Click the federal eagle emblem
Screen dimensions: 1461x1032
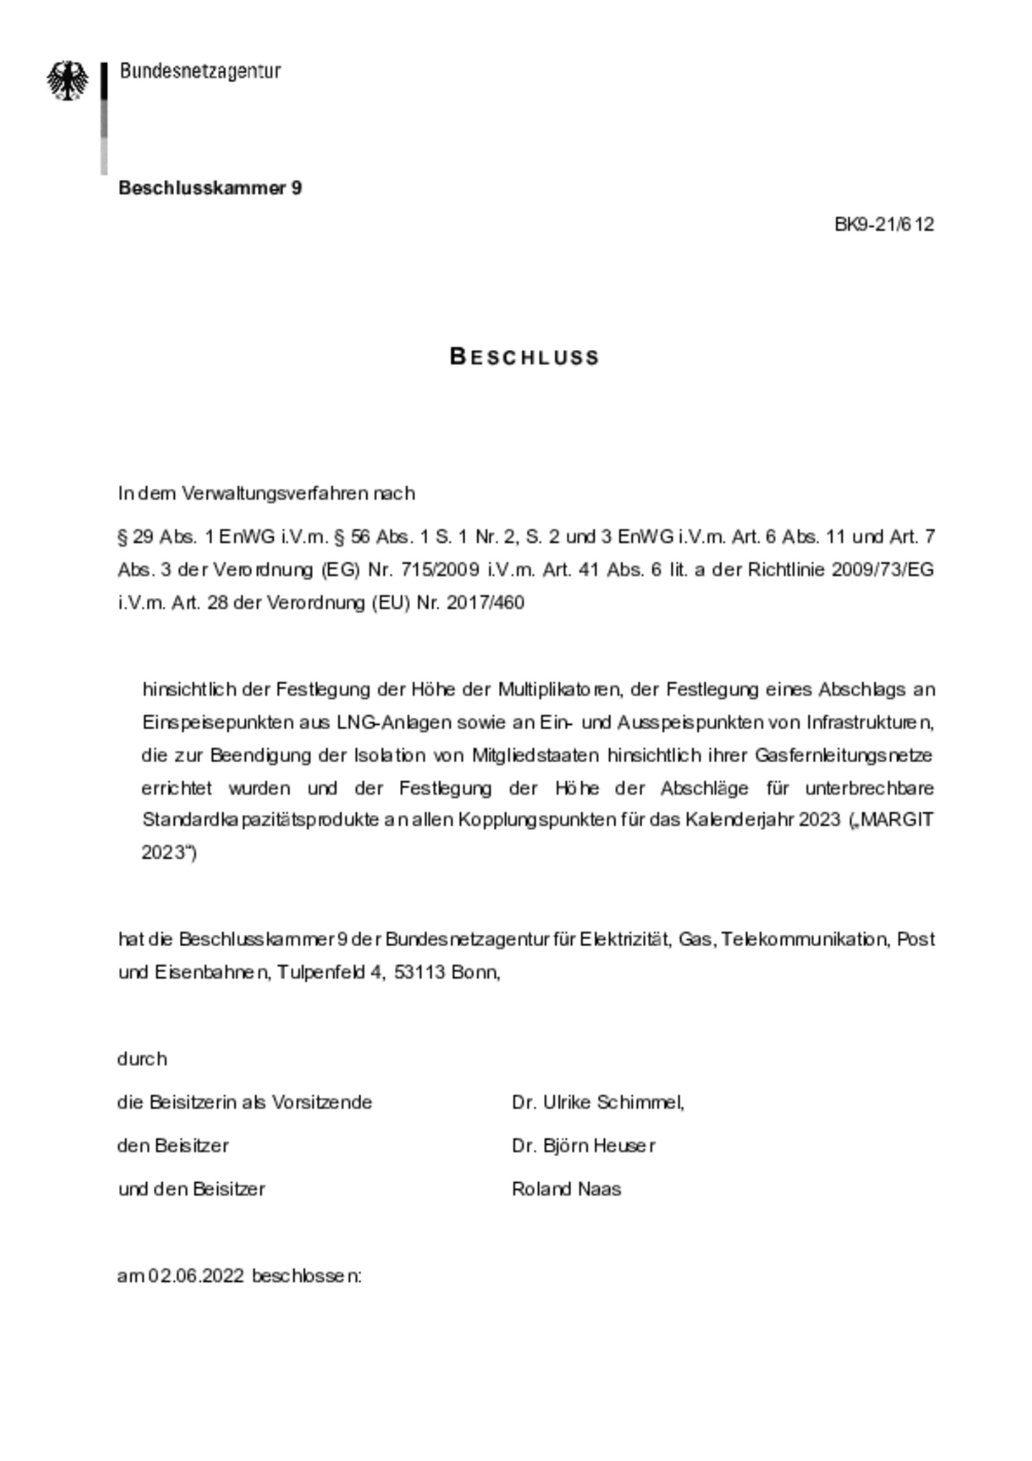click(x=68, y=80)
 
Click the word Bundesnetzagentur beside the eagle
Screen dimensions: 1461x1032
click(x=200, y=71)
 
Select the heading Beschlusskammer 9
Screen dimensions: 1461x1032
click(x=210, y=188)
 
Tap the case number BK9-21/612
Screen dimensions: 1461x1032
click(x=884, y=224)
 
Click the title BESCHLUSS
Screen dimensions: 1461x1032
click(x=525, y=357)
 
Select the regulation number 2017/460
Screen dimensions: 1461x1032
click(x=485, y=603)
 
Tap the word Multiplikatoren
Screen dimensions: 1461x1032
click(x=559, y=690)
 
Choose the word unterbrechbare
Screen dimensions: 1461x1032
click(x=869, y=789)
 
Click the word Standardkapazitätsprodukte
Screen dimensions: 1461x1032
click(x=261, y=820)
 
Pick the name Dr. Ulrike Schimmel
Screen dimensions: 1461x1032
click(x=598, y=1102)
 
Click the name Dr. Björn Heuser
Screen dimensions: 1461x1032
click(x=583, y=1146)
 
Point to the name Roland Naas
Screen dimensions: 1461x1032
click(x=566, y=1189)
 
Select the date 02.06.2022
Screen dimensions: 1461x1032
click(x=196, y=1277)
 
